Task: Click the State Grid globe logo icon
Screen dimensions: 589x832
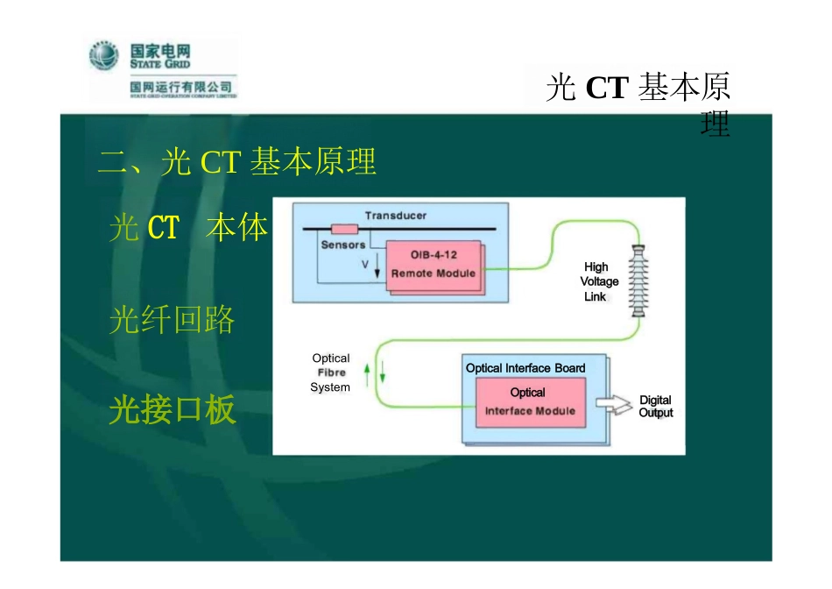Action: tap(103, 56)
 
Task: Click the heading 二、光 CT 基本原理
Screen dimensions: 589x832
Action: tap(237, 162)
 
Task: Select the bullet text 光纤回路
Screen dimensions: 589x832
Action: tap(172, 320)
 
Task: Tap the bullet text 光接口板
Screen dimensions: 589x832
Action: tap(172, 409)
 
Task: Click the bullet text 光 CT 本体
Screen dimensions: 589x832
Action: tap(188, 228)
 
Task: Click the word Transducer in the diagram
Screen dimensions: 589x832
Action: tap(396, 216)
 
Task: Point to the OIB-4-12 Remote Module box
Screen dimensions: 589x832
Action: tap(433, 264)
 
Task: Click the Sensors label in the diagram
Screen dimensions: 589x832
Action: tap(342, 245)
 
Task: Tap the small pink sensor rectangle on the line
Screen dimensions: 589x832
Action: tap(344, 230)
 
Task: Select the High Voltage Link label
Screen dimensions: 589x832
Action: tap(598, 281)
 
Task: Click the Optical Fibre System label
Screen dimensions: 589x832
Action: tap(330, 373)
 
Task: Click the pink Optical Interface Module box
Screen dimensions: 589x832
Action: tap(530, 402)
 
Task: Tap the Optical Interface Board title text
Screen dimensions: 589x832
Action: tap(525, 368)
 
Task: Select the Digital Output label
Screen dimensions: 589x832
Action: tap(655, 406)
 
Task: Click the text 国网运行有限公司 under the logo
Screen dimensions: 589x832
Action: tap(180, 87)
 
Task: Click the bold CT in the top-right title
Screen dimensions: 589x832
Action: tap(607, 88)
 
